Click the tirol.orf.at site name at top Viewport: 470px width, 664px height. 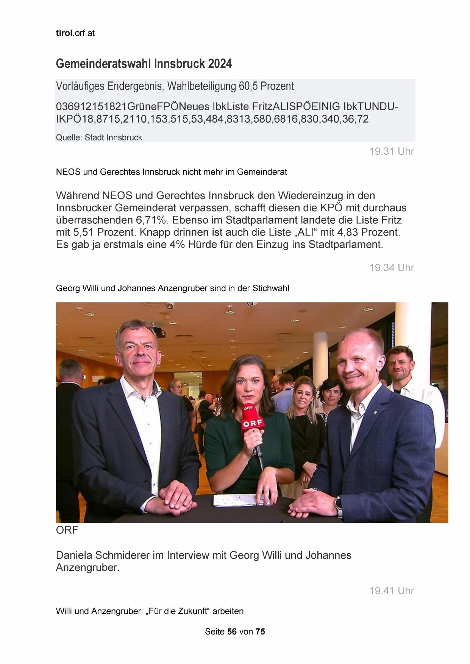coord(75,33)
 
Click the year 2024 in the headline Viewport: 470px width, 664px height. coord(220,64)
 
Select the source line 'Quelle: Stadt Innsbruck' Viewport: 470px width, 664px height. coord(99,137)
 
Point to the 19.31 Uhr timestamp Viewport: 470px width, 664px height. coord(392,151)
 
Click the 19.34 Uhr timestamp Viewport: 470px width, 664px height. coord(392,268)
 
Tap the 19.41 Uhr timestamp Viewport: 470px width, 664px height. coord(392,591)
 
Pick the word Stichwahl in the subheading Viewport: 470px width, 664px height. coord(271,288)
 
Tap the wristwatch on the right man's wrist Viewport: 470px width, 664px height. coord(338,504)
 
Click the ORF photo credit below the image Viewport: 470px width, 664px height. coord(67,530)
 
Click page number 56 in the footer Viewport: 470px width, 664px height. coord(232,631)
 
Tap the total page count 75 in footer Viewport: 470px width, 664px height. coord(260,631)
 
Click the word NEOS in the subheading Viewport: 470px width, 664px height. coord(68,172)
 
